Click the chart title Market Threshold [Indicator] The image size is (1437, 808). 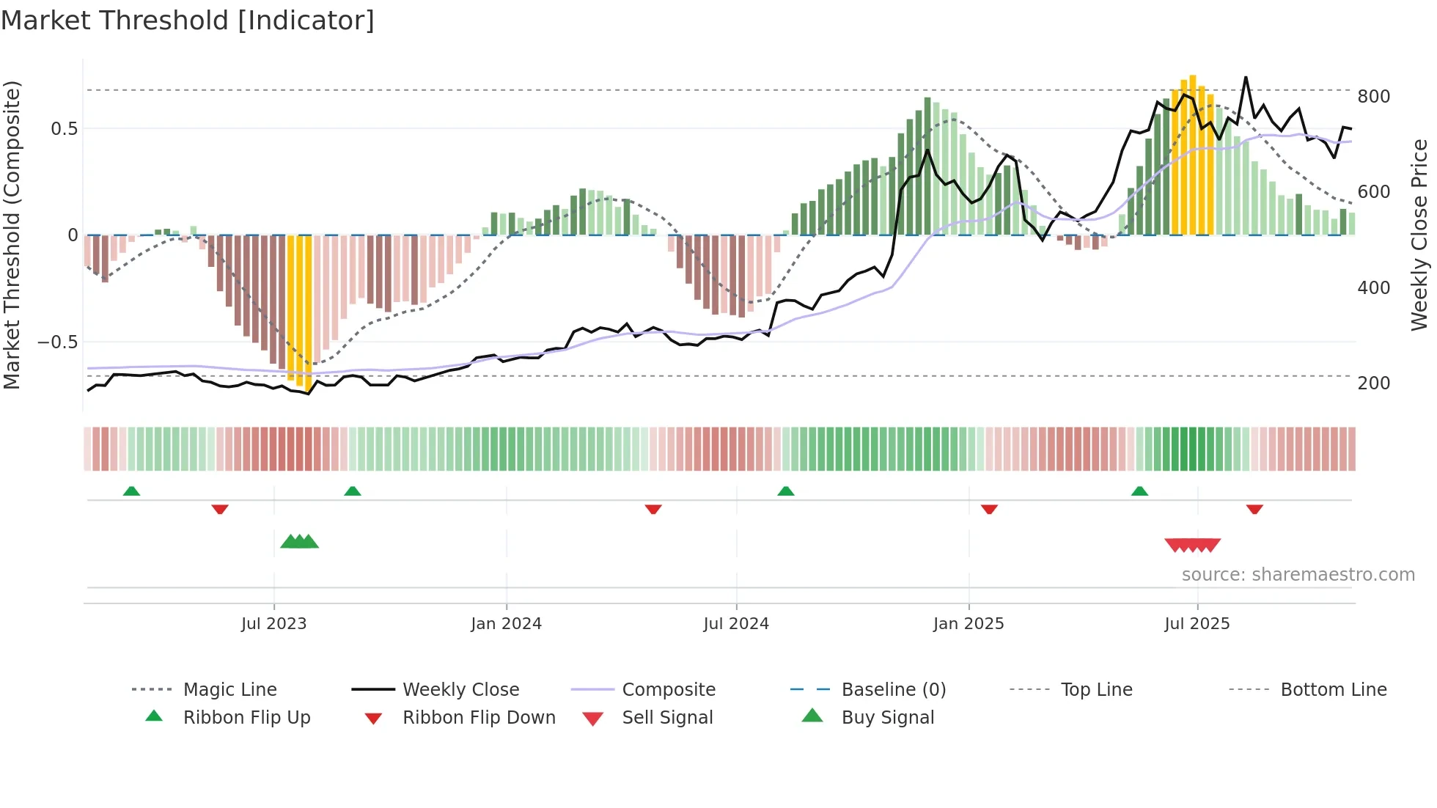pos(188,21)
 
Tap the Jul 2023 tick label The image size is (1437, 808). pos(273,624)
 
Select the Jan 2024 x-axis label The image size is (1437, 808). pos(506,624)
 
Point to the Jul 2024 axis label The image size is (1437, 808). pos(736,624)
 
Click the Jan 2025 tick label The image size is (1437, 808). pos(969,624)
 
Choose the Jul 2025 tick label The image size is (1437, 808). pos(1197,624)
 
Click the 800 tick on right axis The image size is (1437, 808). pos(1373,97)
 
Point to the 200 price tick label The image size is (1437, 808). pos(1373,383)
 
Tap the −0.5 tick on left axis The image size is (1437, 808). pos(57,342)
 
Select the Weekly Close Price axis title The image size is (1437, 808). pos(1419,235)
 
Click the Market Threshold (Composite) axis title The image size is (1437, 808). pos(12,235)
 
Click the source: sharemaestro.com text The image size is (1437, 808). pos(1298,575)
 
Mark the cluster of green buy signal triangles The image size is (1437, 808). pos(299,542)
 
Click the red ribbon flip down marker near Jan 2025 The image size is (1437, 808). pos(989,509)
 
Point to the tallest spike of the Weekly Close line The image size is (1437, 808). pos(1245,78)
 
